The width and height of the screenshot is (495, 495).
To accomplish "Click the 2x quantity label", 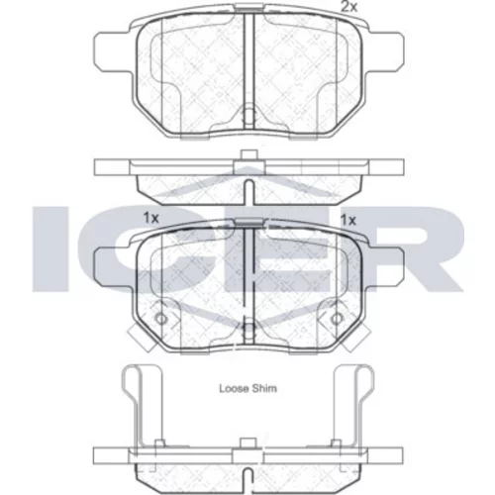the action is (349, 7).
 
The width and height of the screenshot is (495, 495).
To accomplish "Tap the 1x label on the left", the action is (151, 218).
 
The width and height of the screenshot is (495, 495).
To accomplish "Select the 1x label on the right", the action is (348, 220).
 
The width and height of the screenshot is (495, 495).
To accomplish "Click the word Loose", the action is (234, 388).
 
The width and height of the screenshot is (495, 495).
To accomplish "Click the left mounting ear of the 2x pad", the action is (112, 51).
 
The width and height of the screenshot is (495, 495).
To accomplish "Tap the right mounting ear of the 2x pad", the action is (386, 51).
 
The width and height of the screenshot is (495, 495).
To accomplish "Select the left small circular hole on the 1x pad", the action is (161, 319).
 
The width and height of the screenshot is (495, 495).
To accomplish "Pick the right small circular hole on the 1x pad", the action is (337, 319).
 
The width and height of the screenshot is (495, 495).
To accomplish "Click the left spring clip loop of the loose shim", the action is (131, 383).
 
